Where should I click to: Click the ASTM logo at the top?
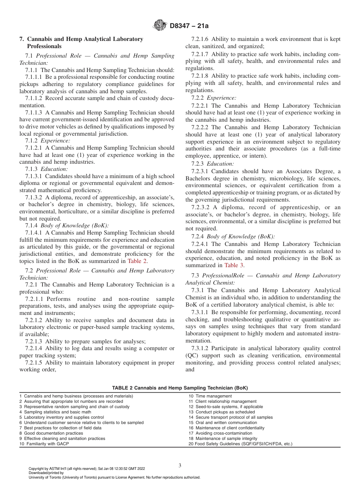click(x=160, y=26)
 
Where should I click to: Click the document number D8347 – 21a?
click(x=189, y=26)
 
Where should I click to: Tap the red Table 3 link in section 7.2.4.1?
click(x=232, y=265)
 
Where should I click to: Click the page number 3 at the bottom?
click(x=180, y=465)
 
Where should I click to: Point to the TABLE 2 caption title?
click(x=180, y=388)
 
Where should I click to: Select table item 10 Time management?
click(x=210, y=396)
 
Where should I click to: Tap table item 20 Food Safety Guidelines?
click(x=240, y=444)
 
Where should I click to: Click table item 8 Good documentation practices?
click(x=51, y=433)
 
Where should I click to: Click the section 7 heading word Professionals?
click(x=44, y=46)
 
